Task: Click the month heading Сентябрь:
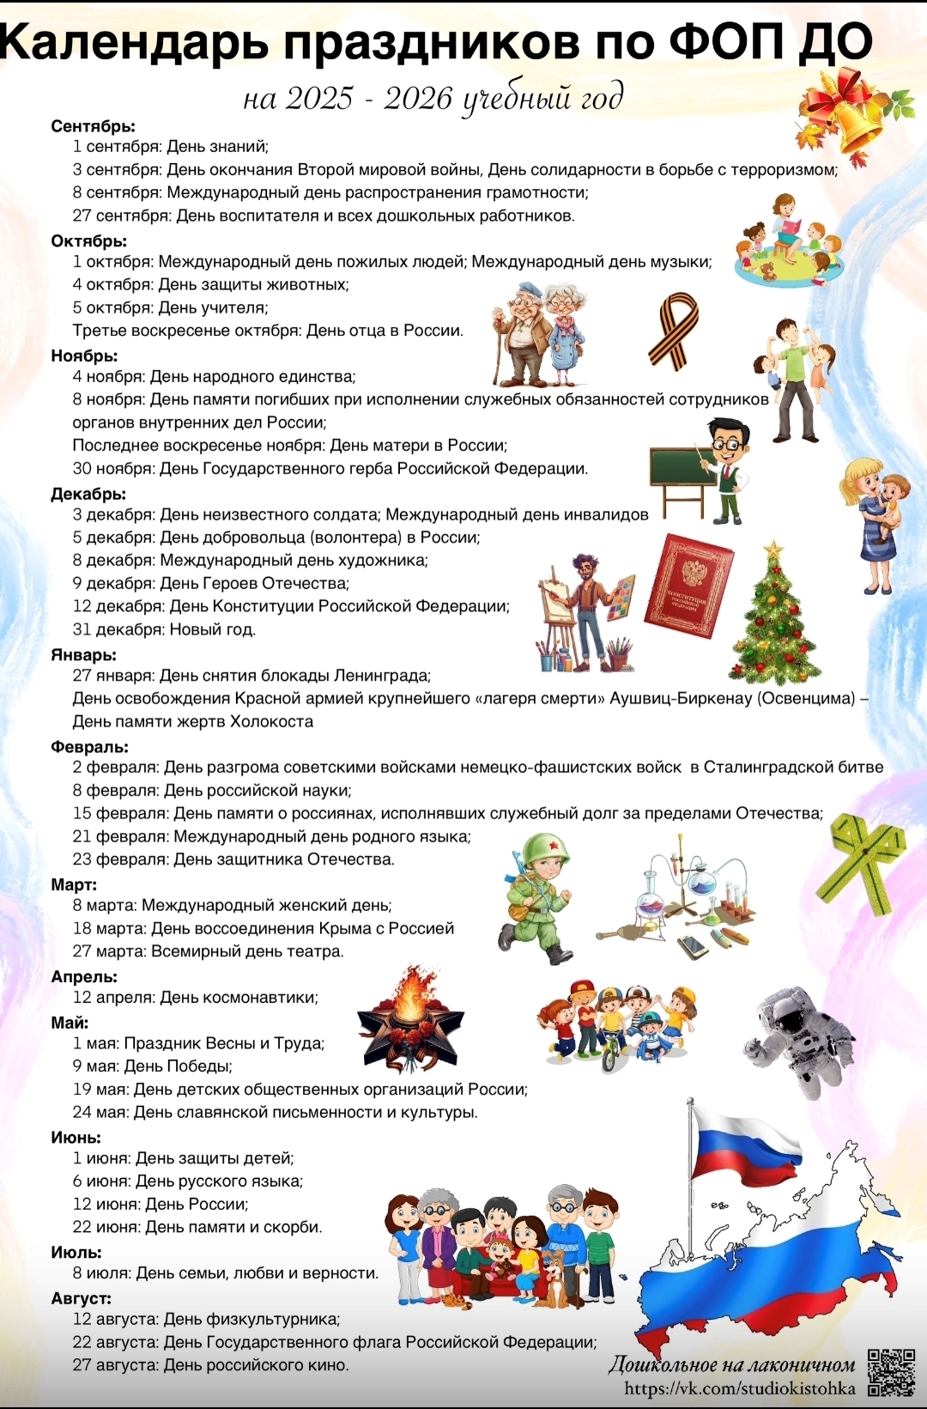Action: [93, 126]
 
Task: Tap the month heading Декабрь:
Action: [88, 494]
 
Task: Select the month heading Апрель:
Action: [84, 976]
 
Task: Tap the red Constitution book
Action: [689, 586]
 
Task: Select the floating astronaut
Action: [797, 1039]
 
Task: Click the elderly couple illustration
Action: [541, 335]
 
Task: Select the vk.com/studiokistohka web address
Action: [739, 1388]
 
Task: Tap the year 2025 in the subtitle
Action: [319, 99]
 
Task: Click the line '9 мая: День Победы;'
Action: [153, 1066]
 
